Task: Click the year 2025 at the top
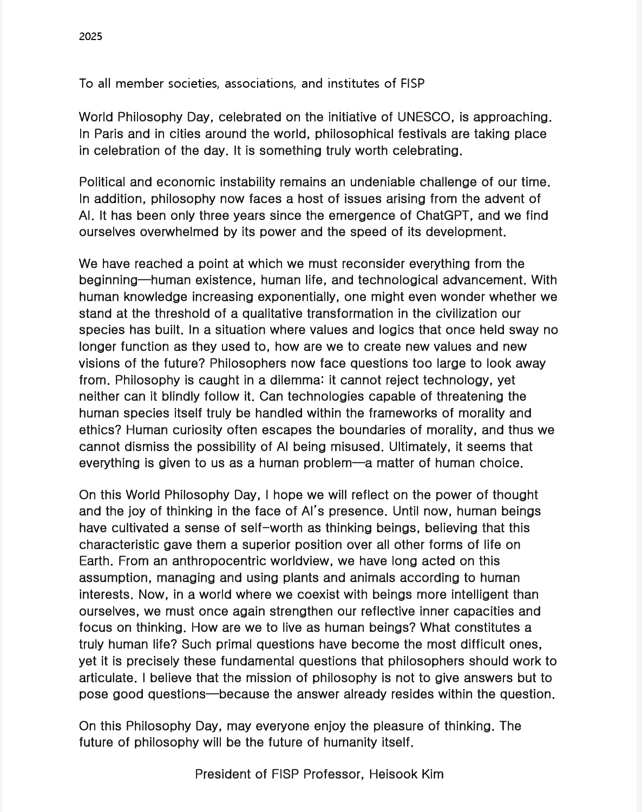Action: tap(90, 37)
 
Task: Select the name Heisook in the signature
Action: tap(394, 774)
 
